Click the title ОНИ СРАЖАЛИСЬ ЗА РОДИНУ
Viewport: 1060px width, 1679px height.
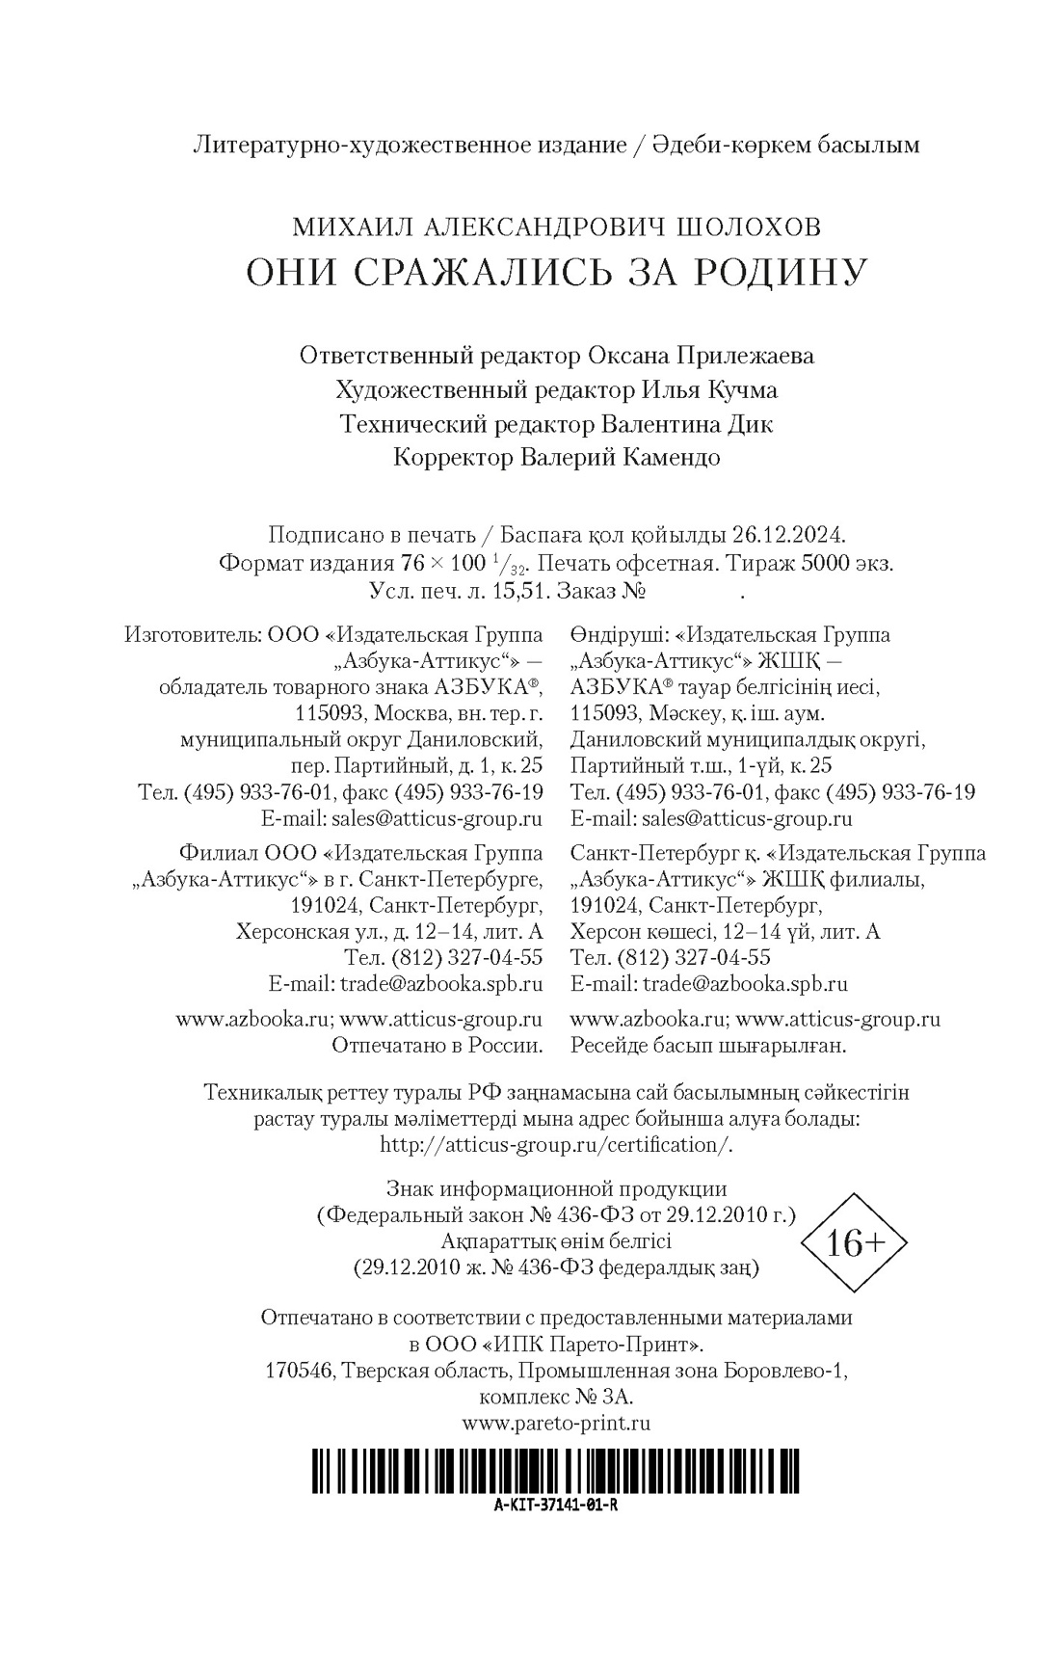(556, 273)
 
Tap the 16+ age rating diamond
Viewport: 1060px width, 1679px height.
(855, 1243)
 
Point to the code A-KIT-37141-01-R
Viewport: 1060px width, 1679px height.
(555, 1506)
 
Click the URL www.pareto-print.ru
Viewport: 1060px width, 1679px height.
(556, 1423)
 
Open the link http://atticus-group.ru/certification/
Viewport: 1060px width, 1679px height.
(556, 1145)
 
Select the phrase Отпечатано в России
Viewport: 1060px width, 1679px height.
(437, 1045)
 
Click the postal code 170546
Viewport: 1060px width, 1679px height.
(299, 1371)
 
